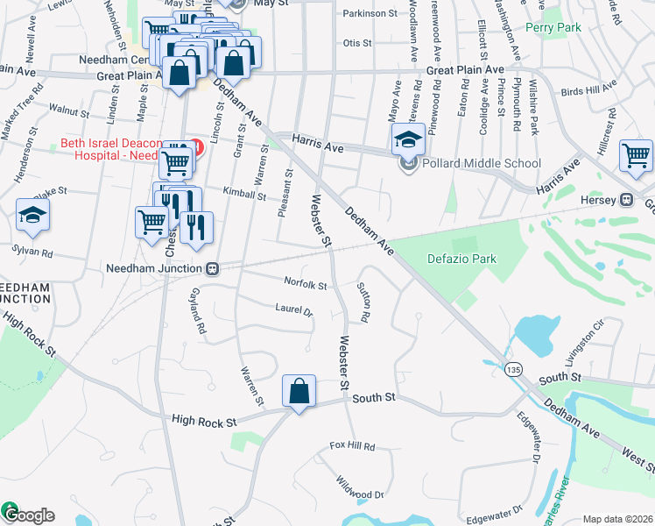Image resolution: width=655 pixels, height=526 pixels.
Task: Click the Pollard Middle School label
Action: [482, 163]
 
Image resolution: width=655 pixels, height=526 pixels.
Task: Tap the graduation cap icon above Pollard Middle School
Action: [407, 139]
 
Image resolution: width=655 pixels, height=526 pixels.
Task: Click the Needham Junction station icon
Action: [212, 268]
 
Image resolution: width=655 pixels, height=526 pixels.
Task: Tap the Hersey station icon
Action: [626, 199]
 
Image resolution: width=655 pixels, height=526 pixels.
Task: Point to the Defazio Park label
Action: [461, 259]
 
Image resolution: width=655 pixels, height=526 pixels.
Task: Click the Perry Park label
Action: [553, 28]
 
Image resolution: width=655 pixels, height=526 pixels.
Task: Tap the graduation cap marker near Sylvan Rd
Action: [32, 216]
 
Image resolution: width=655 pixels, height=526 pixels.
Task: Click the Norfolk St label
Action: [305, 284]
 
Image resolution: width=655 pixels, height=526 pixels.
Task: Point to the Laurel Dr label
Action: [293, 309]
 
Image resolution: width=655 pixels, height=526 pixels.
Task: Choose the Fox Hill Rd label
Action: [352, 447]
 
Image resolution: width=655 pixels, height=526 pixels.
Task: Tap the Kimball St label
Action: [244, 195]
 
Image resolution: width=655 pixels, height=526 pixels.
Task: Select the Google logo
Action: [28, 515]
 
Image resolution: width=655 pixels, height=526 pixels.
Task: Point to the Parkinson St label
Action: [370, 14]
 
